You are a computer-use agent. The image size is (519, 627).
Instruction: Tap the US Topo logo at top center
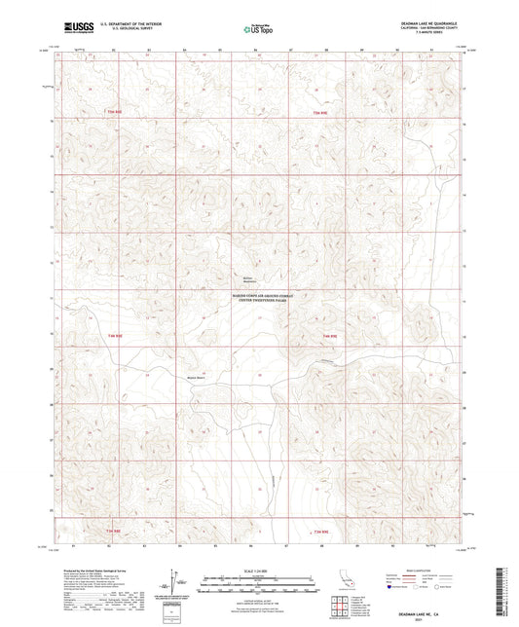pos(258,30)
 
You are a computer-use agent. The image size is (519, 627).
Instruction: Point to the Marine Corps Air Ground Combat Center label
pos(259,301)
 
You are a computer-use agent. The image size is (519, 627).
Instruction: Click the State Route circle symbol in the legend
pos(455,587)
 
